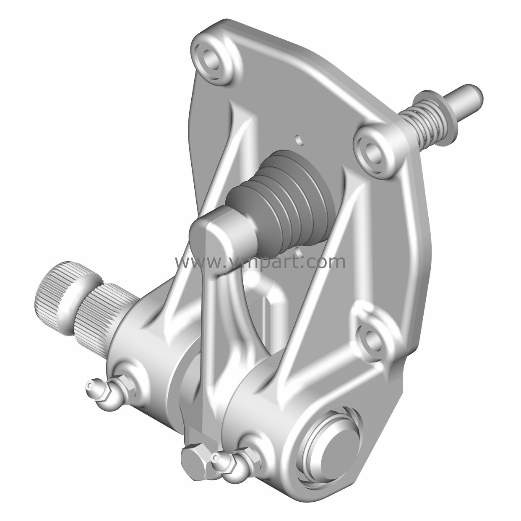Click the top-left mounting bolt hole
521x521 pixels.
[x=212, y=62]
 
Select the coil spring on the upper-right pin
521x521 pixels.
[x=418, y=121]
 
